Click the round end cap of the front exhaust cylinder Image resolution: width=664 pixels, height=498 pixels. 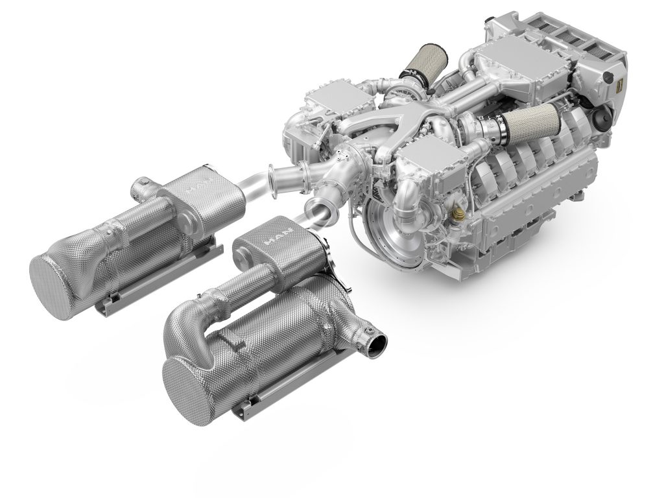coord(194,389)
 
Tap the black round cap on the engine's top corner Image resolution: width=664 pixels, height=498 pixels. coord(608,78)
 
